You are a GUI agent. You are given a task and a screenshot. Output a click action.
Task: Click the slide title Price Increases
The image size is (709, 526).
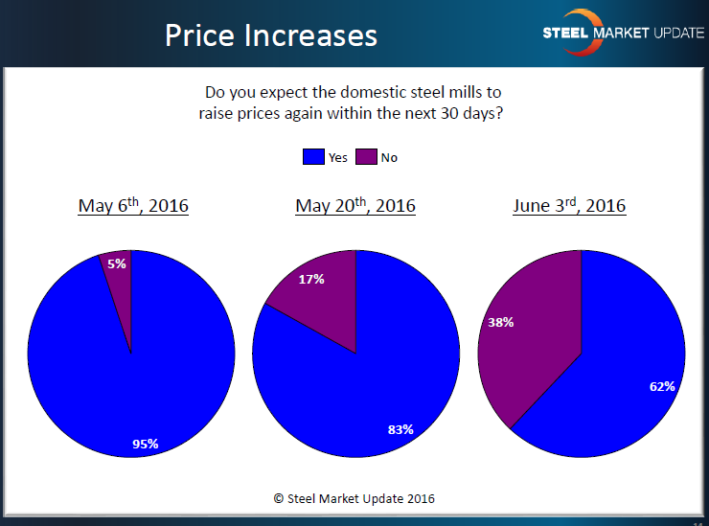coord(270,34)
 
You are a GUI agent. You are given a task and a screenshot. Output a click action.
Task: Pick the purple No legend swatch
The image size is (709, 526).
coord(365,157)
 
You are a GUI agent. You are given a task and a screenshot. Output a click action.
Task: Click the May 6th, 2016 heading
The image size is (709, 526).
coord(133,205)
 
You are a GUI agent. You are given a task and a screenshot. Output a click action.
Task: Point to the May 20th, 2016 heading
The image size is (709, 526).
coord(355,205)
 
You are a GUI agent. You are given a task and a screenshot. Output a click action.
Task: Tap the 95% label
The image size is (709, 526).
coord(146,443)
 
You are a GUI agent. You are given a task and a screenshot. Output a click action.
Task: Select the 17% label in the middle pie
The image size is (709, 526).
coord(311,280)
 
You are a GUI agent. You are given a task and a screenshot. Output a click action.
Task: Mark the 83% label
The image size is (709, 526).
coord(400,429)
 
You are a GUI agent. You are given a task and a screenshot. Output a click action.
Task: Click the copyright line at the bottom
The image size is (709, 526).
coord(354,498)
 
